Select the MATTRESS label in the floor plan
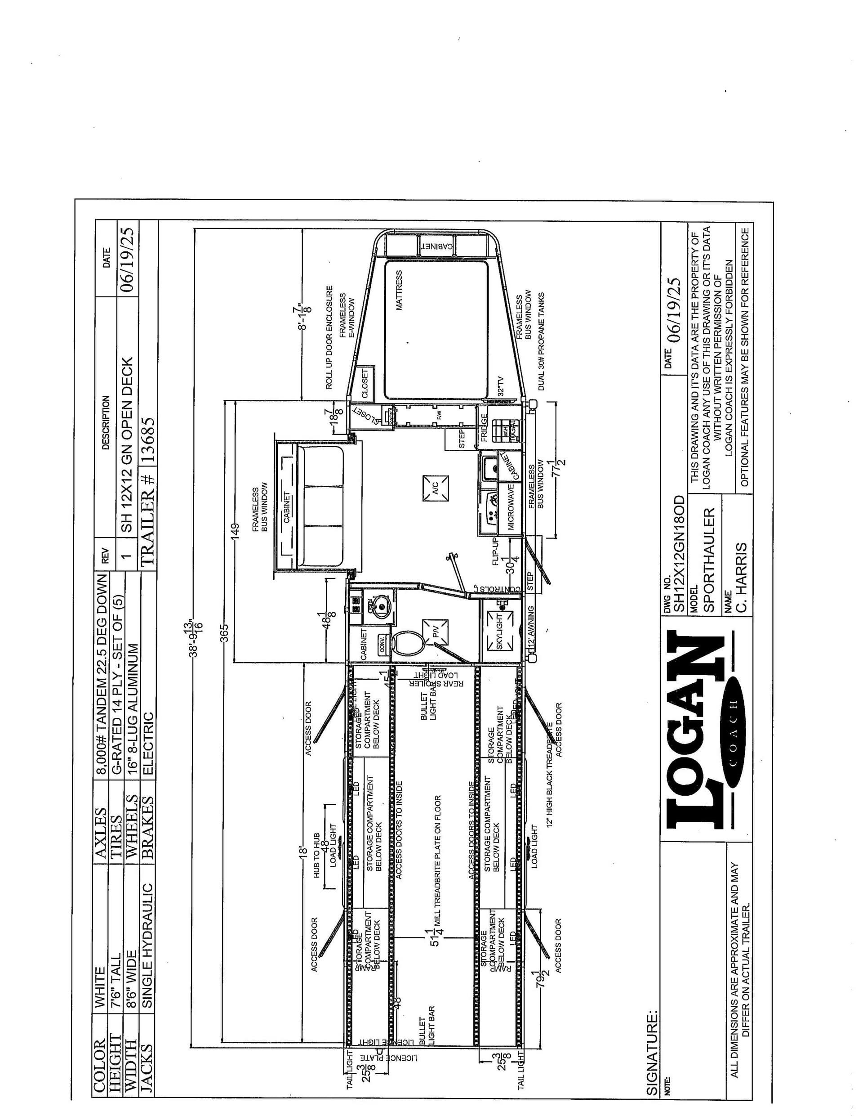[399, 290]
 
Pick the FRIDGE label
[484, 427]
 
